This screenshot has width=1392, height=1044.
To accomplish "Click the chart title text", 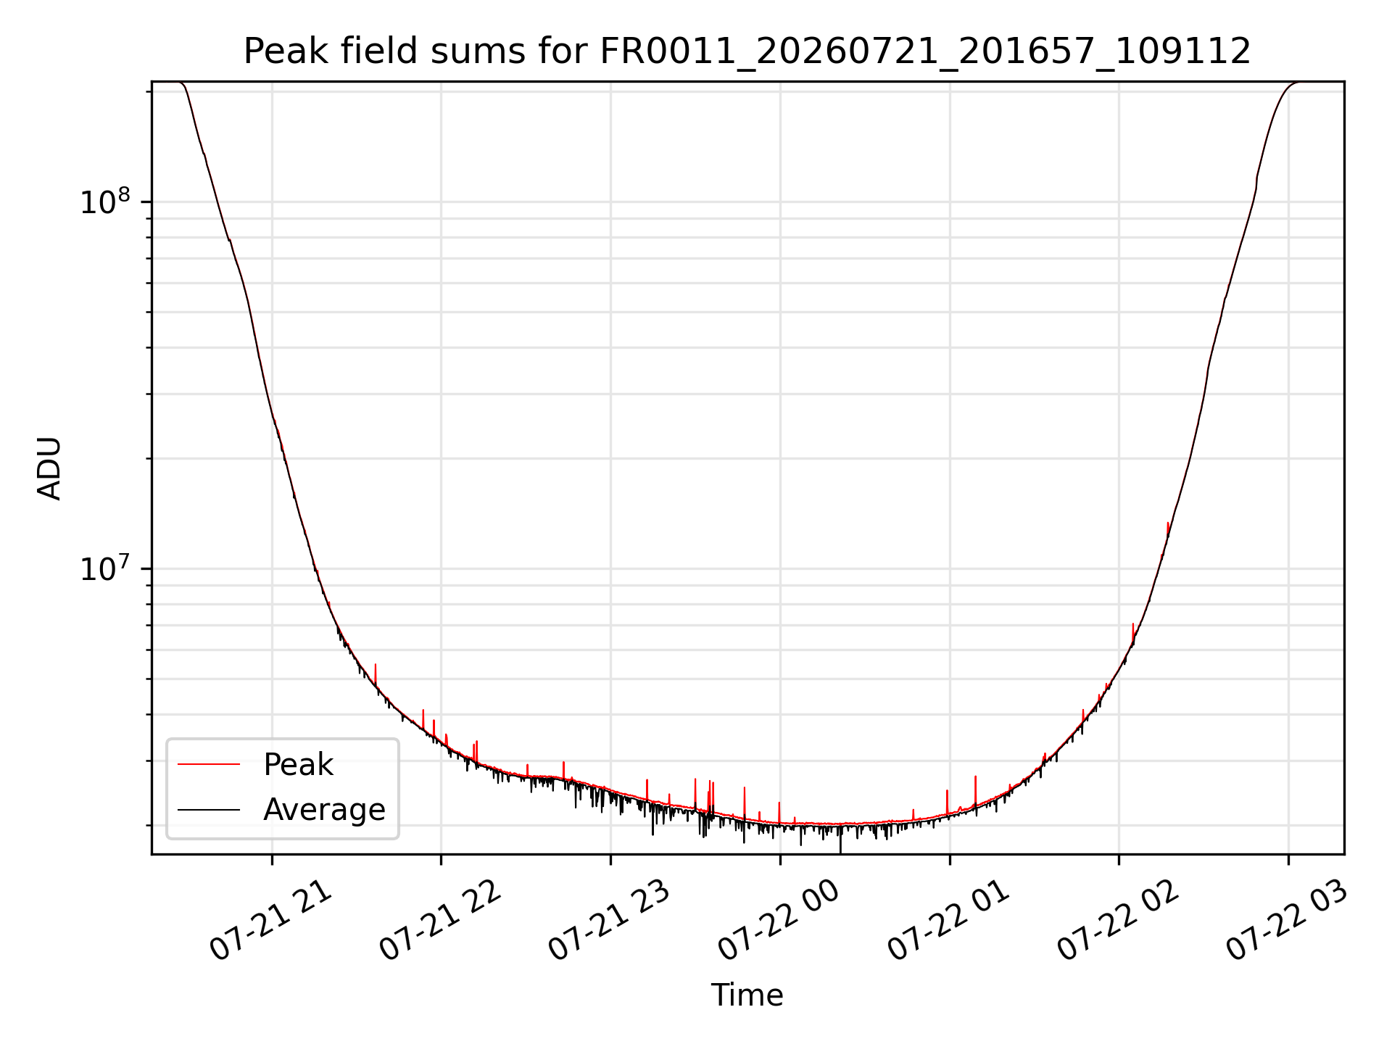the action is click(747, 51).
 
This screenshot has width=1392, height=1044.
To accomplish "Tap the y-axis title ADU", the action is click(50, 468).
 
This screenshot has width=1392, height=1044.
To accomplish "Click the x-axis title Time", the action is click(747, 995).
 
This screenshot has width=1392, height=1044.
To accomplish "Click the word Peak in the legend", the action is click(298, 765).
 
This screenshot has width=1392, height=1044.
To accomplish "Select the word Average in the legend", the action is click(324, 810).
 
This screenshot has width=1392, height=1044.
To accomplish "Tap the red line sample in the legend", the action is click(209, 764).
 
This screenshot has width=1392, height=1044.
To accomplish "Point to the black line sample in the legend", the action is click(209, 809).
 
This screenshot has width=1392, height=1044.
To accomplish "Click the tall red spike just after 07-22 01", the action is click(975, 790).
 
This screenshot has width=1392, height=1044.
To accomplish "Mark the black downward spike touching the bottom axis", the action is click(840, 841).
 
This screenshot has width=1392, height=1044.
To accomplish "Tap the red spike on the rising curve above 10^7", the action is click(1168, 530).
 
